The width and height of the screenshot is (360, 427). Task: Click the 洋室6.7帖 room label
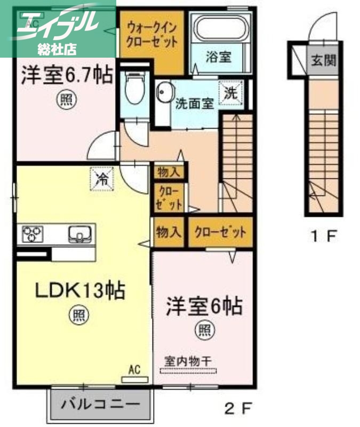click(67, 76)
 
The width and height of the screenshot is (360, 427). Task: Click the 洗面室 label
click(195, 104)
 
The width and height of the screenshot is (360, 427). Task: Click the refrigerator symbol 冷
click(101, 178)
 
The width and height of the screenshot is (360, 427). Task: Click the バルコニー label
click(100, 404)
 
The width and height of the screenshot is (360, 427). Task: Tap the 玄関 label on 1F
click(324, 60)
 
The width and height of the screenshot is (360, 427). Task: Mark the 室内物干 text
click(187, 361)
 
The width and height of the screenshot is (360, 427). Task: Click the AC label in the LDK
click(134, 369)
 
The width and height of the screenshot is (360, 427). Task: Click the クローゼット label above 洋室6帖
click(220, 232)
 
